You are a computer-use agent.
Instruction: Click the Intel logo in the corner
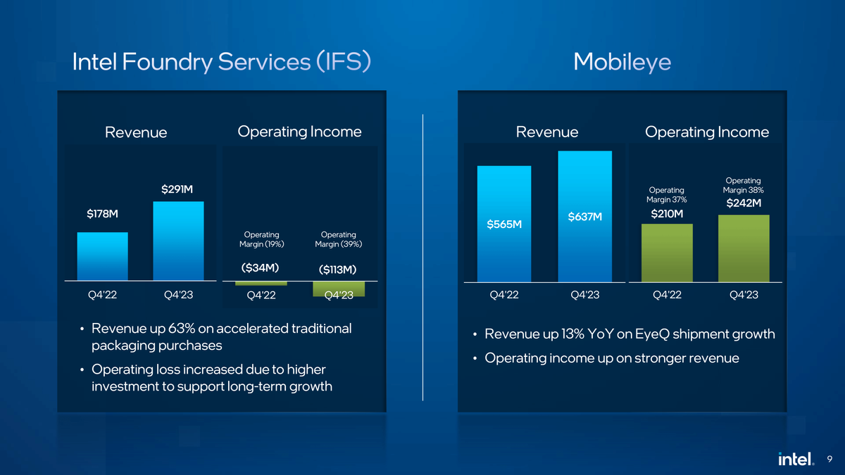click(796, 458)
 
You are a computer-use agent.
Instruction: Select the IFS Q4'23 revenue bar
click(178, 241)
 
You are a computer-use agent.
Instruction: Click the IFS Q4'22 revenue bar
click(102, 256)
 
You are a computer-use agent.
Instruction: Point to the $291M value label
click(177, 189)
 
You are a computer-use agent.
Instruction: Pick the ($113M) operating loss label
click(337, 269)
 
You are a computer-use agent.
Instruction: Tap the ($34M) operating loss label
click(260, 267)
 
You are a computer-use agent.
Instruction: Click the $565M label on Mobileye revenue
click(504, 224)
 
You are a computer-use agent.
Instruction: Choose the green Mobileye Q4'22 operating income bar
click(667, 253)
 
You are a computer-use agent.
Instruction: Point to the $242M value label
click(744, 203)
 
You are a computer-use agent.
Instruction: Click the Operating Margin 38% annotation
click(743, 185)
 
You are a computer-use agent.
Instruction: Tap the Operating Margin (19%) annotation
click(261, 239)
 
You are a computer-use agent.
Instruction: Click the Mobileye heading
click(622, 62)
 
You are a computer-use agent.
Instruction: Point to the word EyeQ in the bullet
click(653, 334)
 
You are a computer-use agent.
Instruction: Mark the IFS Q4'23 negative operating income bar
click(339, 289)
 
